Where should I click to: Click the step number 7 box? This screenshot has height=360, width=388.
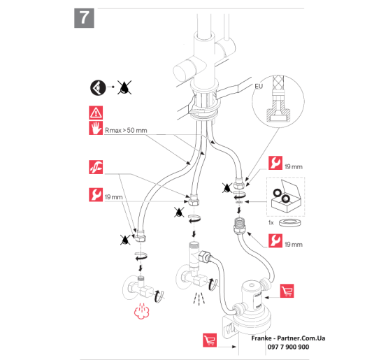(84, 18)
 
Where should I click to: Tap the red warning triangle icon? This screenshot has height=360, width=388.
(96, 113)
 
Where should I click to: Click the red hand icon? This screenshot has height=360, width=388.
(96, 128)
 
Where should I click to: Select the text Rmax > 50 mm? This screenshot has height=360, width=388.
(126, 131)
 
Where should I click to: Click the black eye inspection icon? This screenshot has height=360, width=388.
(98, 87)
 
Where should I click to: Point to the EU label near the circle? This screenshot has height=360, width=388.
(259, 87)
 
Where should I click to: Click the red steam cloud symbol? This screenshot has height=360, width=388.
(141, 311)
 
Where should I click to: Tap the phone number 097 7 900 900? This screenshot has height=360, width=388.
(288, 347)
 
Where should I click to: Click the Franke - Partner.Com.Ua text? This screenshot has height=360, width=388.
(288, 338)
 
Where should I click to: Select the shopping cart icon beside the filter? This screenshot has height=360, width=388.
(287, 291)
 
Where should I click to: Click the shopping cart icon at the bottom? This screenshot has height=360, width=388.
(210, 340)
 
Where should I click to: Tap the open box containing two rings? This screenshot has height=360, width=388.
(286, 196)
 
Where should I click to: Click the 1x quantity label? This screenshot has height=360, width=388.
(271, 223)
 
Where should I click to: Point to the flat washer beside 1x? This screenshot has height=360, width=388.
(290, 222)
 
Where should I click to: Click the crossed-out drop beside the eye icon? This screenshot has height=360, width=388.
(124, 87)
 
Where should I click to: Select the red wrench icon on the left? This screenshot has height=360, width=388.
(96, 195)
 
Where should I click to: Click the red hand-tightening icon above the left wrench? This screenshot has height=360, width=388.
(96, 167)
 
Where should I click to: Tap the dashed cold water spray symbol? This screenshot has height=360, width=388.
(199, 298)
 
